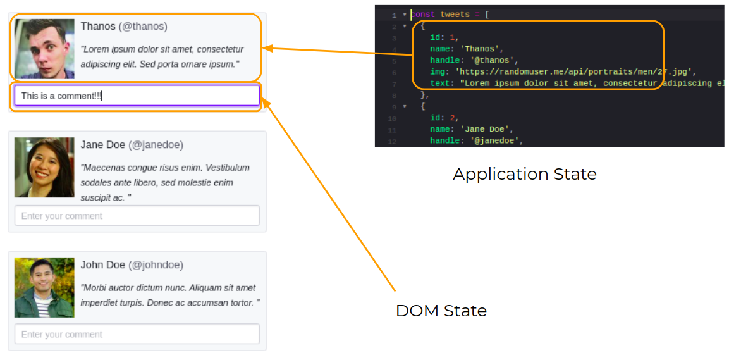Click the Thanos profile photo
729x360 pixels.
click(44, 49)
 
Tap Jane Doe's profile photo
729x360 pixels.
click(44, 168)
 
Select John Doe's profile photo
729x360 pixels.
click(44, 287)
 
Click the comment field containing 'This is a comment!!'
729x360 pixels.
click(137, 96)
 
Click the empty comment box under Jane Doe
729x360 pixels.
click(137, 216)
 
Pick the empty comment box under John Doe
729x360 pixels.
click(137, 334)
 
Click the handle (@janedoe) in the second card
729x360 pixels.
click(156, 145)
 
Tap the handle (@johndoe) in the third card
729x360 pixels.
click(156, 265)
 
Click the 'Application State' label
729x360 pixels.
click(524, 174)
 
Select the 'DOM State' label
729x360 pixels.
click(441, 311)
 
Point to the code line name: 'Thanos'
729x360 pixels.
click(466, 49)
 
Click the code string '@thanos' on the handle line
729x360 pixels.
click(494, 61)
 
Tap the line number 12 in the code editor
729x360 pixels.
click(392, 141)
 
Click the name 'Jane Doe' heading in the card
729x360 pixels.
click(103, 145)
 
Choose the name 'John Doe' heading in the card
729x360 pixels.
click(103, 265)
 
